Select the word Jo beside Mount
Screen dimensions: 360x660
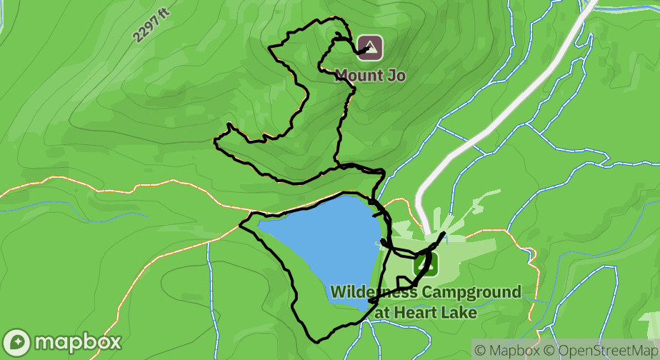[396, 74]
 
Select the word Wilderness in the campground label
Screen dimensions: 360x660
[374, 293]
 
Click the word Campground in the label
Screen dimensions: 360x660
[471, 293]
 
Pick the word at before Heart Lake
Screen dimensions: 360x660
[382, 312]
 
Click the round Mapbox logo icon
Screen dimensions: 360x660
[16, 342]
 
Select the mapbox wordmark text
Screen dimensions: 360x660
[77, 342]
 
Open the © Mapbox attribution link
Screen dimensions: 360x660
[506, 351]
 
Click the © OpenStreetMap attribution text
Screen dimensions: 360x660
[600, 351]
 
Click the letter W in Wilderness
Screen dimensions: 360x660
[338, 293]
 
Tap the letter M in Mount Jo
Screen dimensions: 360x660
[341, 74]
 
